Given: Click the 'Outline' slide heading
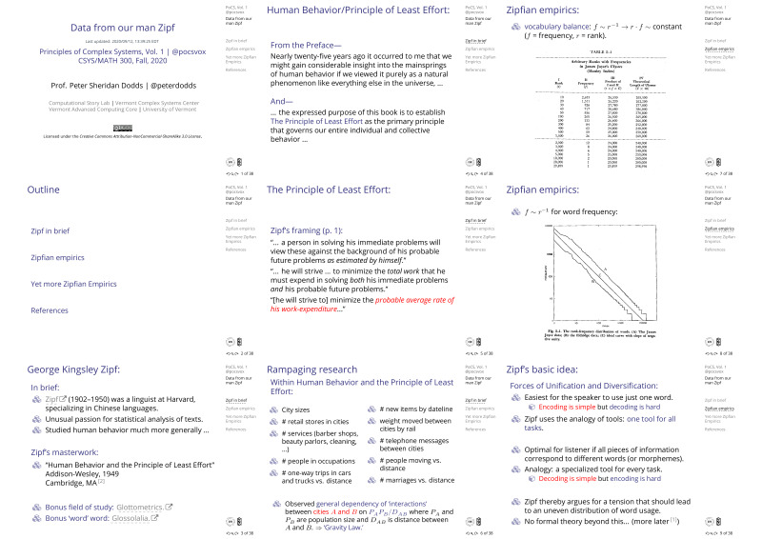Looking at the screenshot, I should [x=46, y=190].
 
